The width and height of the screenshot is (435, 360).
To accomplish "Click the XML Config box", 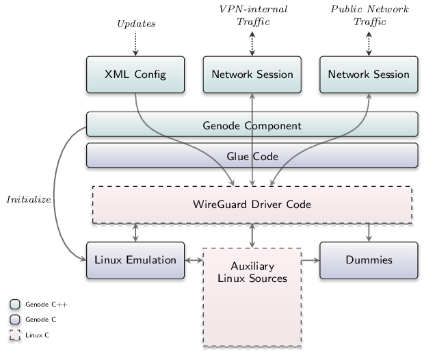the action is [x=135, y=75].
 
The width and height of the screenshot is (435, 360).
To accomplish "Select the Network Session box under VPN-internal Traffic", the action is [x=252, y=75].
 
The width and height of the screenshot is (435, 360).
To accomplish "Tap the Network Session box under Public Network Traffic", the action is [x=369, y=75].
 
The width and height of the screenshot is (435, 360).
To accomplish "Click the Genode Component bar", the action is [x=252, y=125].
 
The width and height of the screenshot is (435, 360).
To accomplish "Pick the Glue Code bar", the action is [x=252, y=155].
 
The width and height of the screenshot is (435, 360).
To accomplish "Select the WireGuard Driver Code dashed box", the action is [x=252, y=205].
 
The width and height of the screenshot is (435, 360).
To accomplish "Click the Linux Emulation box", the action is [x=135, y=260].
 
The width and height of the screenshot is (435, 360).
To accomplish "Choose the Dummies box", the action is [x=369, y=260].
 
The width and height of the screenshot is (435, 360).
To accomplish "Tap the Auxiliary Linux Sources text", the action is [x=252, y=272].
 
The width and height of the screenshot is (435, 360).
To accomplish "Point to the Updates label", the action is [x=136, y=23].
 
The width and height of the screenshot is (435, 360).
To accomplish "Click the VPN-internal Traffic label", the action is [x=253, y=15].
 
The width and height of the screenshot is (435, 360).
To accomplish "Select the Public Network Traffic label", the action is [x=369, y=15].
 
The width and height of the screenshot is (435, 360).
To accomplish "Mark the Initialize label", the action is [x=29, y=199].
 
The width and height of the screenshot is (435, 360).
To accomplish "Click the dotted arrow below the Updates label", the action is [x=135, y=44].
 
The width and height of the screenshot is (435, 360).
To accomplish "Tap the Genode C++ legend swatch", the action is [x=14, y=304].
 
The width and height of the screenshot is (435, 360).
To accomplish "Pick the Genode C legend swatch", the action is [x=14, y=320].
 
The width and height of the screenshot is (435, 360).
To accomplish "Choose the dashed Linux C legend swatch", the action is [x=14, y=335].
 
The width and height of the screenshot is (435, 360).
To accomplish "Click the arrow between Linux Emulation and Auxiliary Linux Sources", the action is [x=194, y=260].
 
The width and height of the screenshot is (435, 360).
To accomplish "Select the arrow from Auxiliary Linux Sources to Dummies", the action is [x=311, y=260].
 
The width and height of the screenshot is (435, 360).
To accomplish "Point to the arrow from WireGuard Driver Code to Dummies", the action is [x=369, y=233].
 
